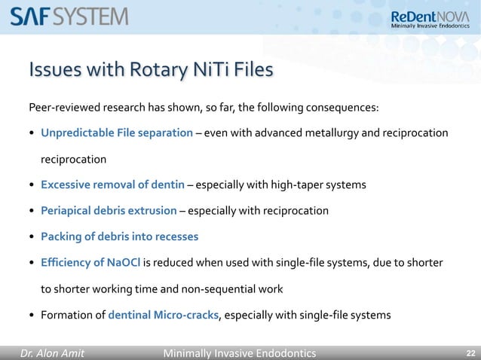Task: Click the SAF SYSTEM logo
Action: [69, 16]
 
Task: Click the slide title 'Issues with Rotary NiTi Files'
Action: [151, 71]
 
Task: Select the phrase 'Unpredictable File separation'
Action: [117, 133]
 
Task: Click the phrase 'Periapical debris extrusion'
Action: [109, 210]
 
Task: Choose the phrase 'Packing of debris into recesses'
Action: [119, 236]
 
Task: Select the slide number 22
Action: [470, 353]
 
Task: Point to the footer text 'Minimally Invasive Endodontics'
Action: [240, 353]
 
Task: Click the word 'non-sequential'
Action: [215, 288]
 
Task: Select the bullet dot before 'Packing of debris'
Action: [32, 237]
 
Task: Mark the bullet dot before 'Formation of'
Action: [32, 316]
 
